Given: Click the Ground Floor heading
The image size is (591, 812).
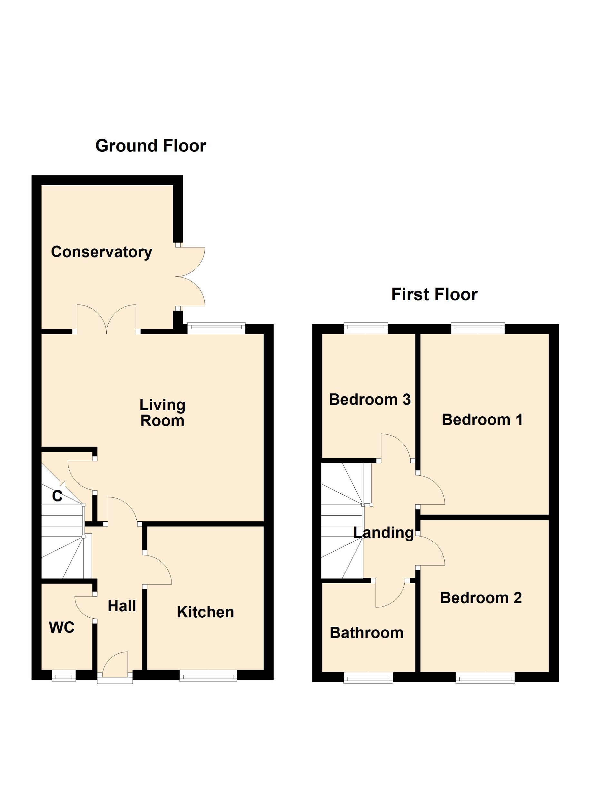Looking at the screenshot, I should pyautogui.click(x=151, y=146).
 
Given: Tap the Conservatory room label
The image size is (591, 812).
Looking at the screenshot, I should pyautogui.click(x=101, y=252).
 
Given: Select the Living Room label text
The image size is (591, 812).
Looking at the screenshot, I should pyautogui.click(x=162, y=413).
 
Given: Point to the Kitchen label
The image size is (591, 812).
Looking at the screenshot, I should pyautogui.click(x=205, y=612).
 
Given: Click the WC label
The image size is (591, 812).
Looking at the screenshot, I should pyautogui.click(x=62, y=627).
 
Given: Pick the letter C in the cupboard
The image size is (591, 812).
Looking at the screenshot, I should pyautogui.click(x=57, y=496).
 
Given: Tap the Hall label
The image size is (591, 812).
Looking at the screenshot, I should pyautogui.click(x=122, y=606).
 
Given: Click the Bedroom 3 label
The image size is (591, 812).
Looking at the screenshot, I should pyautogui.click(x=369, y=400).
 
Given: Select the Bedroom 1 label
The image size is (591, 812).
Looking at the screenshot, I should pyautogui.click(x=482, y=420).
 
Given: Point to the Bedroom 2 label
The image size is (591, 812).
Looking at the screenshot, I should pyautogui.click(x=481, y=598).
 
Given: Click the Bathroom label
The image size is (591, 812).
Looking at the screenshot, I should pyautogui.click(x=366, y=633).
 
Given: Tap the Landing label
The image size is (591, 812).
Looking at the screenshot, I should pyautogui.click(x=383, y=533).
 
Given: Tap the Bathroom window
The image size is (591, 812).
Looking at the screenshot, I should pyautogui.click(x=368, y=678).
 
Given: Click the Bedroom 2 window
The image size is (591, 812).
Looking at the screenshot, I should pyautogui.click(x=485, y=678).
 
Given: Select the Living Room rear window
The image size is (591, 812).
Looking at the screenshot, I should pyautogui.click(x=216, y=328).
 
